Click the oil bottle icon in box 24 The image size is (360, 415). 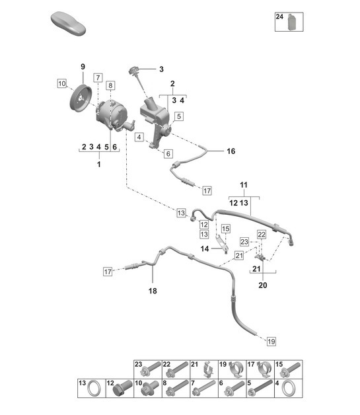point(291,23)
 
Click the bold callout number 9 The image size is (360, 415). point(83,66)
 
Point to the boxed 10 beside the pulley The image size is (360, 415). point(61,84)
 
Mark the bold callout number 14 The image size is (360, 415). point(205,249)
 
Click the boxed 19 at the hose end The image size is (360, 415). point(271,341)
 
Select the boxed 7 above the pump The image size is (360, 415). point(97,78)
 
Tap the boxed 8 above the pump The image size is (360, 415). point(110,85)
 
